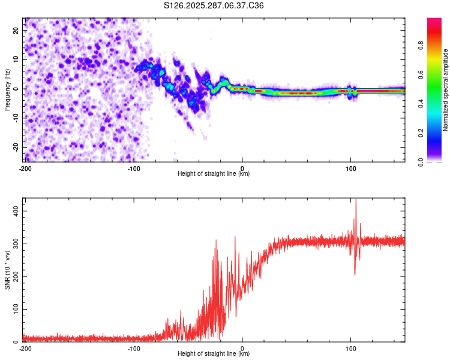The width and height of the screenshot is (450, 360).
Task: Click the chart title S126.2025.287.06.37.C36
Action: point(214,6)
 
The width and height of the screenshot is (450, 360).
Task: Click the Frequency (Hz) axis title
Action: point(7,89)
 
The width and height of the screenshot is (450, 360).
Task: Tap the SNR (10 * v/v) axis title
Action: point(7,269)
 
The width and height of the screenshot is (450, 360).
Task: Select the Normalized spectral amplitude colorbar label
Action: point(446,89)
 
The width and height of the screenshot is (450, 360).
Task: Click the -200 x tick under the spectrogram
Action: point(25,168)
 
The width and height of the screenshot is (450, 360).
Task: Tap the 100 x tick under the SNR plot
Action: point(351,348)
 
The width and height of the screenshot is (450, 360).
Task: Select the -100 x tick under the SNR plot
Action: point(133,348)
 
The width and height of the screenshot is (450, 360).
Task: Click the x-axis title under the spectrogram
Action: point(214,174)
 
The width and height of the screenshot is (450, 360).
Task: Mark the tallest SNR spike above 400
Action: point(356,200)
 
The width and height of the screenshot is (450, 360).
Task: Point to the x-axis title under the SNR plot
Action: point(214,354)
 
